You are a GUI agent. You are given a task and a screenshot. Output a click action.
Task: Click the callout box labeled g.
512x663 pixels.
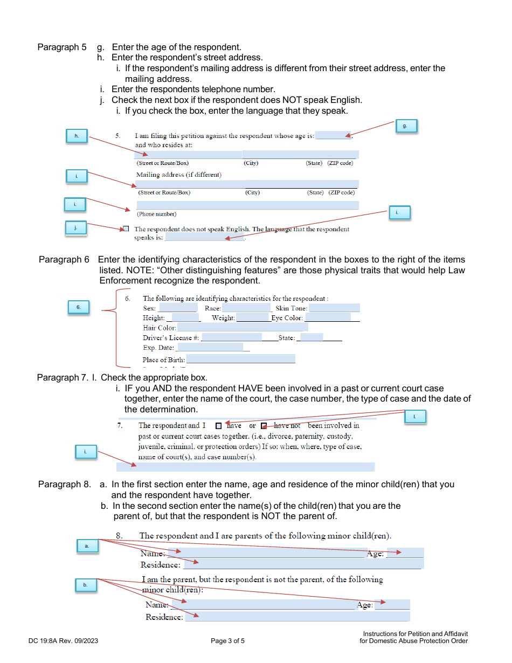406,126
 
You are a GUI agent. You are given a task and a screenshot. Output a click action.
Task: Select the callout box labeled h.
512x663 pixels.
77,136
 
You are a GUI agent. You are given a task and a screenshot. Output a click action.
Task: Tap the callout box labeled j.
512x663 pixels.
76,229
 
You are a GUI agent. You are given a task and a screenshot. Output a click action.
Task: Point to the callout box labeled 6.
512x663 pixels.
78,307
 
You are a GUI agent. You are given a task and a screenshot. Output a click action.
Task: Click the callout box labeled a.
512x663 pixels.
87,546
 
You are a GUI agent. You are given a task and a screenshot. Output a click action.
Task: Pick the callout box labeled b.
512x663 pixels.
85,585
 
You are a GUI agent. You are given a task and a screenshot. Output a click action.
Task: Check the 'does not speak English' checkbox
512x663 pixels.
126,229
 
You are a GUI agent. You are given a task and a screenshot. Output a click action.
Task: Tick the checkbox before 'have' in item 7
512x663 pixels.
218,426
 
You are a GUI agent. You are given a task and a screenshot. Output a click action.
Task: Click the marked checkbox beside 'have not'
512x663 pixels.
264,426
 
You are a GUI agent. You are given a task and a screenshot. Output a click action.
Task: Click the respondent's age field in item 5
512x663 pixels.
333,135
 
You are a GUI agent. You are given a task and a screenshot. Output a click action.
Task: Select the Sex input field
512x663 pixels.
178,308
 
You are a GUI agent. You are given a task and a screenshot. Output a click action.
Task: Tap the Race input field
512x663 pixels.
246,308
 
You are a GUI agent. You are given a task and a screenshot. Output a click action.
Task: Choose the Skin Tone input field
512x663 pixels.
334,308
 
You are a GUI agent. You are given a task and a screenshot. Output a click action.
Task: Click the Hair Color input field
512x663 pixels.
243,327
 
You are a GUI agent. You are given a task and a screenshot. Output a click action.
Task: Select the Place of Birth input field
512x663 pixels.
240,359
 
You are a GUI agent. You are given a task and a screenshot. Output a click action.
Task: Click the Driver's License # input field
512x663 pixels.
232,337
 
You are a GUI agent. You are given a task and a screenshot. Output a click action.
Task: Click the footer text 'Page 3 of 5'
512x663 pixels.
227,641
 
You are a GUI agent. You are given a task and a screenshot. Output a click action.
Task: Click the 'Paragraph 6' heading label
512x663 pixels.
64,260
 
